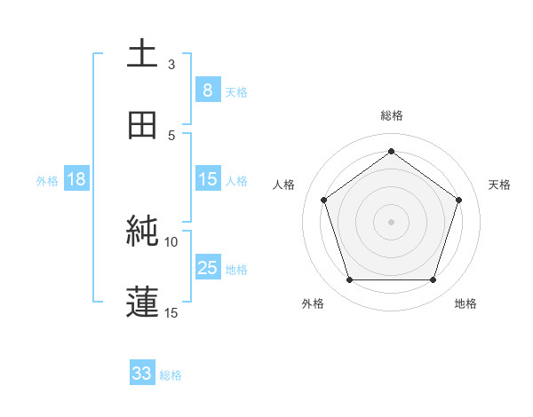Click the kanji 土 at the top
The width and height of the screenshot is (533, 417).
click(x=143, y=53)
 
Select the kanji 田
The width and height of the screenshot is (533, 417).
click(x=143, y=125)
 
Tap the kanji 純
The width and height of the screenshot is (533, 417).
click(x=143, y=232)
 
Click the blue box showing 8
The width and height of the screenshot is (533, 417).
click(x=207, y=90)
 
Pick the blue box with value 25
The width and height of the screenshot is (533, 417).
click(x=207, y=268)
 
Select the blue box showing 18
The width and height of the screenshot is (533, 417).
click(x=76, y=179)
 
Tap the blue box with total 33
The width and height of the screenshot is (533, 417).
click(x=142, y=374)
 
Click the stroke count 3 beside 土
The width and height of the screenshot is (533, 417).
click(x=171, y=64)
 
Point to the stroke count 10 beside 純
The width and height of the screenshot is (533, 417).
click(x=171, y=241)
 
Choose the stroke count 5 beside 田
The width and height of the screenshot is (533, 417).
click(x=171, y=135)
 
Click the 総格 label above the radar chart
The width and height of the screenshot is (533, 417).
click(x=392, y=115)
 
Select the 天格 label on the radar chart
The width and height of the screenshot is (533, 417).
click(x=500, y=185)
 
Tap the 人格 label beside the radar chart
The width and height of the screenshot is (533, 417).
click(x=284, y=185)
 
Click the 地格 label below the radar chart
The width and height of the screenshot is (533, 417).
click(x=465, y=304)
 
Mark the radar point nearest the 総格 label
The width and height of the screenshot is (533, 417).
click(x=392, y=152)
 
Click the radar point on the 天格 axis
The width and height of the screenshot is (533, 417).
click(x=458, y=200)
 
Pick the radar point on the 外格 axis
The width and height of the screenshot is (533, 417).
click(x=349, y=280)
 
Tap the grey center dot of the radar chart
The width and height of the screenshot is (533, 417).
click(x=392, y=221)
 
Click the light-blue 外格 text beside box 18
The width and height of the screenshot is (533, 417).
click(x=47, y=180)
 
